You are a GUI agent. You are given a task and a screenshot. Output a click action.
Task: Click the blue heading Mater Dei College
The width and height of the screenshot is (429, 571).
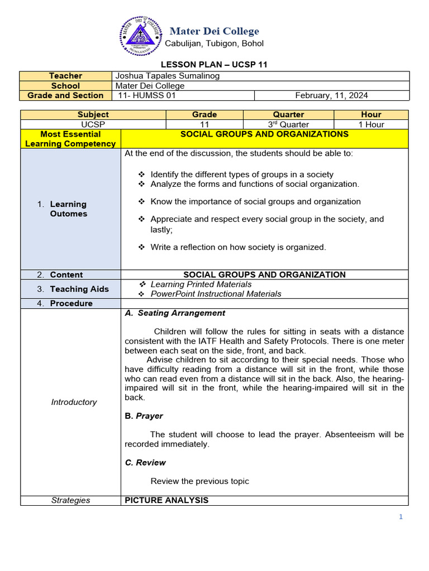click(214, 31)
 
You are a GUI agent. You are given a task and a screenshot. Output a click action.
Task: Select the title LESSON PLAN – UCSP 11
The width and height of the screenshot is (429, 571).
click(214, 65)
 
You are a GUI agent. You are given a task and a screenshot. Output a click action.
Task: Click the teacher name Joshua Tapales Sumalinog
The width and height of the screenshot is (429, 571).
click(167, 76)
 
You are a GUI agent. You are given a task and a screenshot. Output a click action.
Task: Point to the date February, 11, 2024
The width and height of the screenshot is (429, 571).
click(331, 95)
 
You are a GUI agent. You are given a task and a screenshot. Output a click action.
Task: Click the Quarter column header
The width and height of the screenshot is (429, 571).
click(288, 114)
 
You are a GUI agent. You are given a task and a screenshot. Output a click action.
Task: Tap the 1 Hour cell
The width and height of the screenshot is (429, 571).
click(371, 124)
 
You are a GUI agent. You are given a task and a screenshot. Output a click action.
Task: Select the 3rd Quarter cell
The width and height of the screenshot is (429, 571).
click(288, 124)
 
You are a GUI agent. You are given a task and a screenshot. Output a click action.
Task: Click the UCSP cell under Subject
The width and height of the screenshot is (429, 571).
click(93, 124)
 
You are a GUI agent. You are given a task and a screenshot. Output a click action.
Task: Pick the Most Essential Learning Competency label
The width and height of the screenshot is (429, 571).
click(70, 139)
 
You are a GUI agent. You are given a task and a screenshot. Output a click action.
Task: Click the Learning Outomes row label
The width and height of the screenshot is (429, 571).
click(68, 209)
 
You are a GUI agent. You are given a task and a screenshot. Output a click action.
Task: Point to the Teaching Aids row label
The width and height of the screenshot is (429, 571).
click(72, 289)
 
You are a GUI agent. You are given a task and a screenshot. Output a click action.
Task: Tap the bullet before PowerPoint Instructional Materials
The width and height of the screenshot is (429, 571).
click(142, 294)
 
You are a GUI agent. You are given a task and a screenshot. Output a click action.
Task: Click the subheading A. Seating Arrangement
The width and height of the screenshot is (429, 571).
click(175, 313)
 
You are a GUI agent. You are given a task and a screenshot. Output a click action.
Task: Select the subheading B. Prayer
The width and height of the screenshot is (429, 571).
click(144, 416)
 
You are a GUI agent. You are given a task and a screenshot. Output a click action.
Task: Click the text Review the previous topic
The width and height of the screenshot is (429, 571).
click(199, 481)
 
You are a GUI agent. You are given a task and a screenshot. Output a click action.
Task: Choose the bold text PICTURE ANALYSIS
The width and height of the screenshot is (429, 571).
click(166, 500)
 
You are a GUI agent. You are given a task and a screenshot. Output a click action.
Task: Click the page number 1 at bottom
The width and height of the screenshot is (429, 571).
click(401, 517)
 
